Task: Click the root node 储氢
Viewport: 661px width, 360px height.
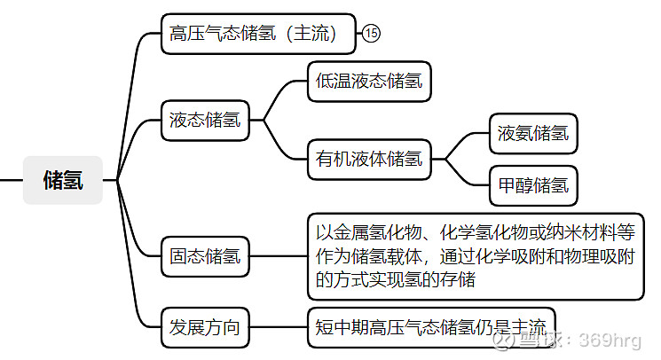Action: [x=63, y=180]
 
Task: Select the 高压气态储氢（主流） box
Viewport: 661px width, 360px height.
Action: [x=258, y=35]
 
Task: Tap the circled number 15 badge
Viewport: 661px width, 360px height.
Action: [x=371, y=35]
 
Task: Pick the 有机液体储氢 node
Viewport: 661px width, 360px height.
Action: [x=368, y=160]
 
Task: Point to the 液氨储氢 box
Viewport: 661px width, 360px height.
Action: [x=533, y=134]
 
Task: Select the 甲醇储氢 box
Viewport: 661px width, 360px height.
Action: [x=533, y=185]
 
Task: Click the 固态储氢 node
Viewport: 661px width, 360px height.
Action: [x=205, y=257]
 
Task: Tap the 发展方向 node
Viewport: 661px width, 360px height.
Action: [x=205, y=326]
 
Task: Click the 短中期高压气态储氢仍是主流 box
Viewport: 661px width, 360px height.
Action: [x=430, y=326]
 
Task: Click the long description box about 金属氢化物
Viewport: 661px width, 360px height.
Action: [x=475, y=257]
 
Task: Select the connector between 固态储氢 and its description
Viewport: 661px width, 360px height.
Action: [x=279, y=257]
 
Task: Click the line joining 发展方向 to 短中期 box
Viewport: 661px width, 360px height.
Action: [x=279, y=326]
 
